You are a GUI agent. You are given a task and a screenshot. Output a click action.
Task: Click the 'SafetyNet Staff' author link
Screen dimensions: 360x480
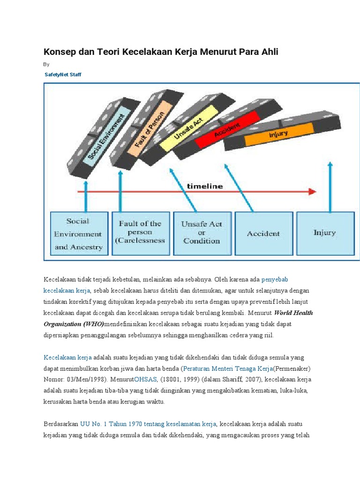[63, 75]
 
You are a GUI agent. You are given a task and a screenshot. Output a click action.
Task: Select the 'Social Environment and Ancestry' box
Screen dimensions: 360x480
[78, 233]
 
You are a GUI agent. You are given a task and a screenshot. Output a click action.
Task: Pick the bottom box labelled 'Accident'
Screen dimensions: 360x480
[263, 233]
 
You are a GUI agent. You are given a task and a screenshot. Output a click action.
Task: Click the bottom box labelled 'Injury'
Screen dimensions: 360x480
[324, 232]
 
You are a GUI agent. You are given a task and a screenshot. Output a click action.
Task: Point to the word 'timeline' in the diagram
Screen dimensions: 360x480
[205, 186]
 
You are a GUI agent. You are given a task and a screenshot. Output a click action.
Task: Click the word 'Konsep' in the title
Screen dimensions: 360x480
[59, 52]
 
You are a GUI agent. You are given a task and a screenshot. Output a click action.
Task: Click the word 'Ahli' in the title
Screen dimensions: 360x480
[270, 52]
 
